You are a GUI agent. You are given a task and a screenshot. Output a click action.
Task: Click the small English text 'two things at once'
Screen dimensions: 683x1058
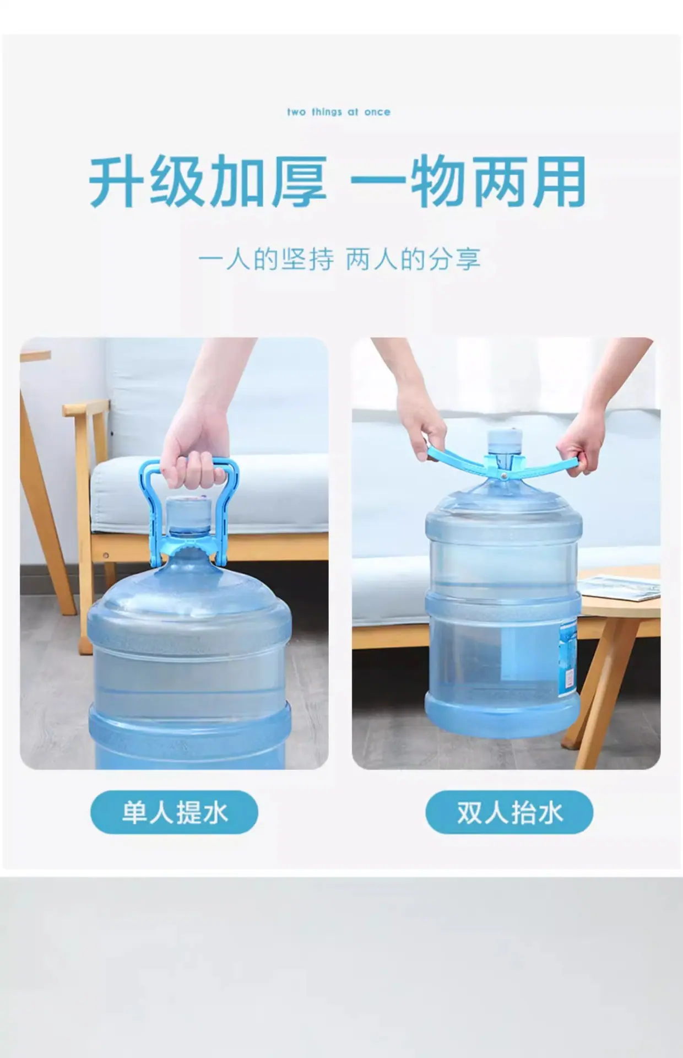tap(339, 112)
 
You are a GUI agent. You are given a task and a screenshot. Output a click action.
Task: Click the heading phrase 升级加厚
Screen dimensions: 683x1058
tap(208, 181)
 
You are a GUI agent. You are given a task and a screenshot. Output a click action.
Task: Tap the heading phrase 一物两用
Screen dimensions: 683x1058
tap(468, 181)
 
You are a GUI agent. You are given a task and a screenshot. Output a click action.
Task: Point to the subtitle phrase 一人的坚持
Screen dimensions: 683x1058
tap(266, 260)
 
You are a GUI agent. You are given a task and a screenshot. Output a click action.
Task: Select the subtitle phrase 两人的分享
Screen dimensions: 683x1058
tap(414, 260)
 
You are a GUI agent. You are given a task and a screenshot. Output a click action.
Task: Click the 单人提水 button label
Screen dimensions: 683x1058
tap(175, 813)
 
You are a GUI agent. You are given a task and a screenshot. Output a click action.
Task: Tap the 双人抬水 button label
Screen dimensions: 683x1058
tap(509, 813)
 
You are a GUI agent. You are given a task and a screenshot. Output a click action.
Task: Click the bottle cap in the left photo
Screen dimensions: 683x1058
tap(188, 514)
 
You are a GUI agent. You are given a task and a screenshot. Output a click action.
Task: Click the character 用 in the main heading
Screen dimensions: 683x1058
tap(559, 181)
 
